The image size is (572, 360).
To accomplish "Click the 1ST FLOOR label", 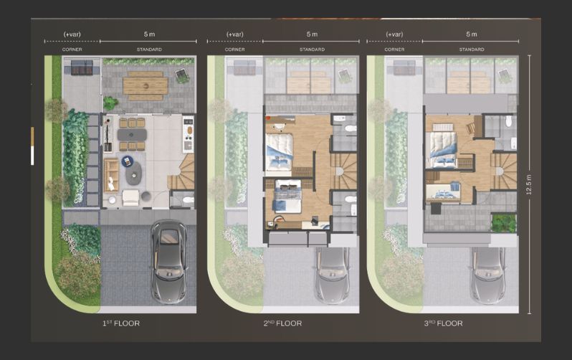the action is (x=121, y=323).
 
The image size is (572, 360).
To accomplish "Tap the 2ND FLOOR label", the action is (x=282, y=323).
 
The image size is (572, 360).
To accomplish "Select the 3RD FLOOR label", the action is (x=443, y=323).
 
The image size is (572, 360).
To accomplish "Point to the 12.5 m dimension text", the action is (x=529, y=184).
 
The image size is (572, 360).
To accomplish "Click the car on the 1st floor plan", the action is (x=168, y=262).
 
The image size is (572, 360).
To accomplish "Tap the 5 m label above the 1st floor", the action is (x=149, y=34).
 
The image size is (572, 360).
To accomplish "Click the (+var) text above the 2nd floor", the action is (x=235, y=34).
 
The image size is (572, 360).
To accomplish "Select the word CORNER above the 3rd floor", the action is (x=394, y=49).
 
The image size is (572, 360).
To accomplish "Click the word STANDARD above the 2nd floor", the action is (x=313, y=49).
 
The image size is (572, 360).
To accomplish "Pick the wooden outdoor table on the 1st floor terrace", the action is (x=146, y=86).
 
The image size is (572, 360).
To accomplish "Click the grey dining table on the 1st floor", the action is (x=132, y=135).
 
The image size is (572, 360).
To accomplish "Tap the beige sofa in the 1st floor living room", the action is (x=111, y=175).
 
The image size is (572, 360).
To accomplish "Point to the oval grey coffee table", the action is (x=133, y=173).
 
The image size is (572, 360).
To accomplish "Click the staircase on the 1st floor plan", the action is (x=181, y=171).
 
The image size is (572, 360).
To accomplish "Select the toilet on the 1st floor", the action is (x=188, y=199).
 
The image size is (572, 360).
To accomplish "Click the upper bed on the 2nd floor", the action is (x=279, y=151).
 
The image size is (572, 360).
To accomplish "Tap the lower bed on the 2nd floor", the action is (x=288, y=196).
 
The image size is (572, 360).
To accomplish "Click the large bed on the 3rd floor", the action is (x=443, y=150).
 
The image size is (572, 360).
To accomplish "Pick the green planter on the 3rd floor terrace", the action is (x=504, y=223).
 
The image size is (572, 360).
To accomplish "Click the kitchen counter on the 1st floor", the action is (x=189, y=134).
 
